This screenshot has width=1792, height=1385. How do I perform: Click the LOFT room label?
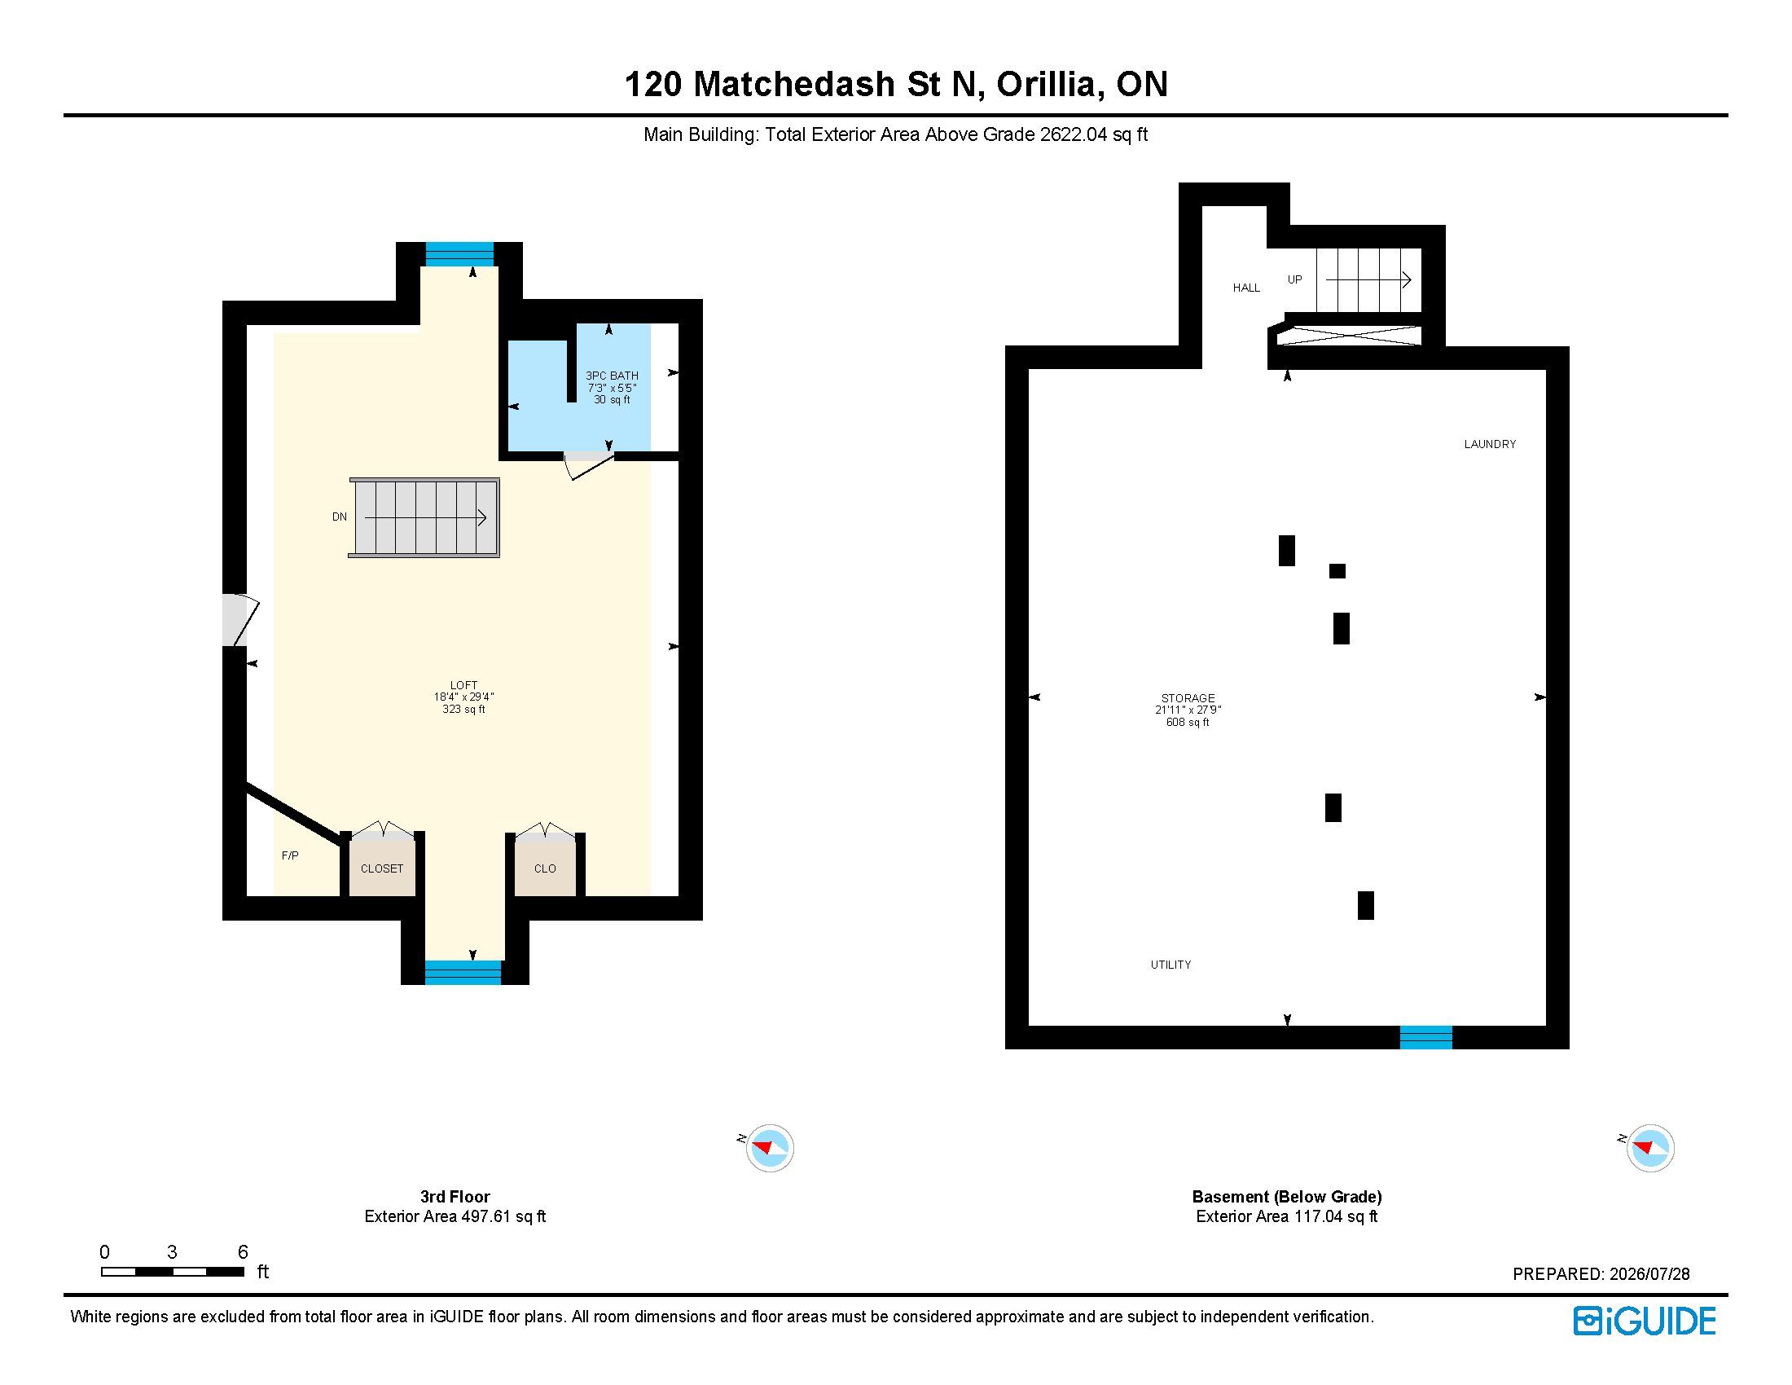(x=463, y=685)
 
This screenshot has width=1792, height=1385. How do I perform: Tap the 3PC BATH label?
(x=612, y=376)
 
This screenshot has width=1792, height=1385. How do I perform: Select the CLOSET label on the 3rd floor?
(x=382, y=868)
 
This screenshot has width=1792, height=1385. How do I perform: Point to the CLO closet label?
(x=545, y=868)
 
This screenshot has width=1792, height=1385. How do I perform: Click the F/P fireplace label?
(x=290, y=855)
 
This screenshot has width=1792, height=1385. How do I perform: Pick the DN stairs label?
(x=340, y=517)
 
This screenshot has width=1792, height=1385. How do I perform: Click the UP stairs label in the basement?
(x=1295, y=279)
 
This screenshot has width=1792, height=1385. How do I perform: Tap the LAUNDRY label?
(x=1490, y=444)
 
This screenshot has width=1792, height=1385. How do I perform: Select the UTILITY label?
(x=1171, y=965)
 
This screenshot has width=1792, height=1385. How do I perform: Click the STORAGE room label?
(x=1188, y=698)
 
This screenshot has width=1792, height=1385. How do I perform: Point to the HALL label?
(x=1246, y=288)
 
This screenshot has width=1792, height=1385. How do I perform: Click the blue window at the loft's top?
(x=459, y=254)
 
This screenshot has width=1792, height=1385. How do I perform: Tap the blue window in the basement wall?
(x=1426, y=1037)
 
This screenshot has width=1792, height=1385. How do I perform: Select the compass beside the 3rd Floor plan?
(x=769, y=1147)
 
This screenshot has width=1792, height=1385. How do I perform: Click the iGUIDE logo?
(x=1645, y=1321)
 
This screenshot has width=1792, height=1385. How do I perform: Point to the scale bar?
(x=173, y=1272)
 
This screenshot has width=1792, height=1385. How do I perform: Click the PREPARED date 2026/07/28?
(x=1649, y=1274)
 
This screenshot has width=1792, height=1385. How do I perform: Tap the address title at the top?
(x=896, y=85)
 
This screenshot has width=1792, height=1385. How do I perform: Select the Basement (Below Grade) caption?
(x=1286, y=1196)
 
